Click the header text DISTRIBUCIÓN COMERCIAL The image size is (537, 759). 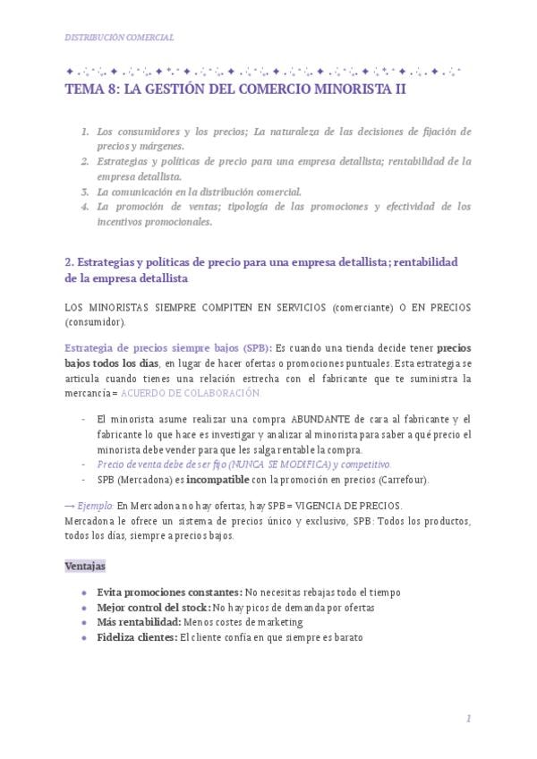[x=120, y=37]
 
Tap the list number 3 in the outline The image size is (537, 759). [x=84, y=192]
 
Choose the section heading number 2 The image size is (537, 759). [x=69, y=262]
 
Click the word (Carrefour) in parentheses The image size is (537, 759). [x=403, y=480]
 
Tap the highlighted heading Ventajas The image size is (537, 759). [x=85, y=566]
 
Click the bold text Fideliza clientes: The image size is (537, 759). [x=137, y=637]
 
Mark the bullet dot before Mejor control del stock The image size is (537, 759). [x=83, y=608]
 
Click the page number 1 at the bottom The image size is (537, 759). [x=468, y=719]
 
